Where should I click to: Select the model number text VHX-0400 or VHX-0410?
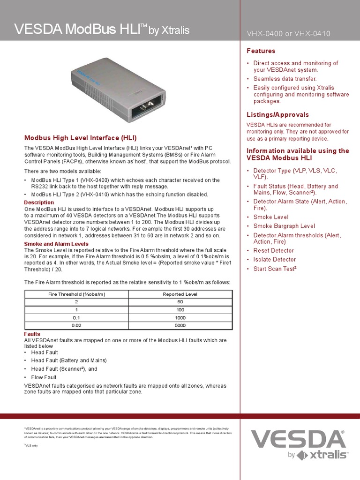[288, 34]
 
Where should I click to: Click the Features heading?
[261, 51]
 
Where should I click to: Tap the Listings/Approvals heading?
[278, 114]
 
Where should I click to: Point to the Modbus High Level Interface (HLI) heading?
[81, 138]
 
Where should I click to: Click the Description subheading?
[39, 202]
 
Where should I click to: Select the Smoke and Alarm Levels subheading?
[56, 244]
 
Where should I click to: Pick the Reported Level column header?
[180, 294]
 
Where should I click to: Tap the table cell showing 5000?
[180, 325]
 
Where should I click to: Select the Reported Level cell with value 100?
[180, 310]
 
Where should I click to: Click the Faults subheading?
[32, 334]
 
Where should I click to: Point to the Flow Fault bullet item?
[44, 377]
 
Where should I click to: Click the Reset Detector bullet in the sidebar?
[274, 251]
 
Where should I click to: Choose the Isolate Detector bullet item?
[275, 260]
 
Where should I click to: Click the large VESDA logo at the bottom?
[298, 439]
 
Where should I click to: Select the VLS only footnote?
[31, 445]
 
